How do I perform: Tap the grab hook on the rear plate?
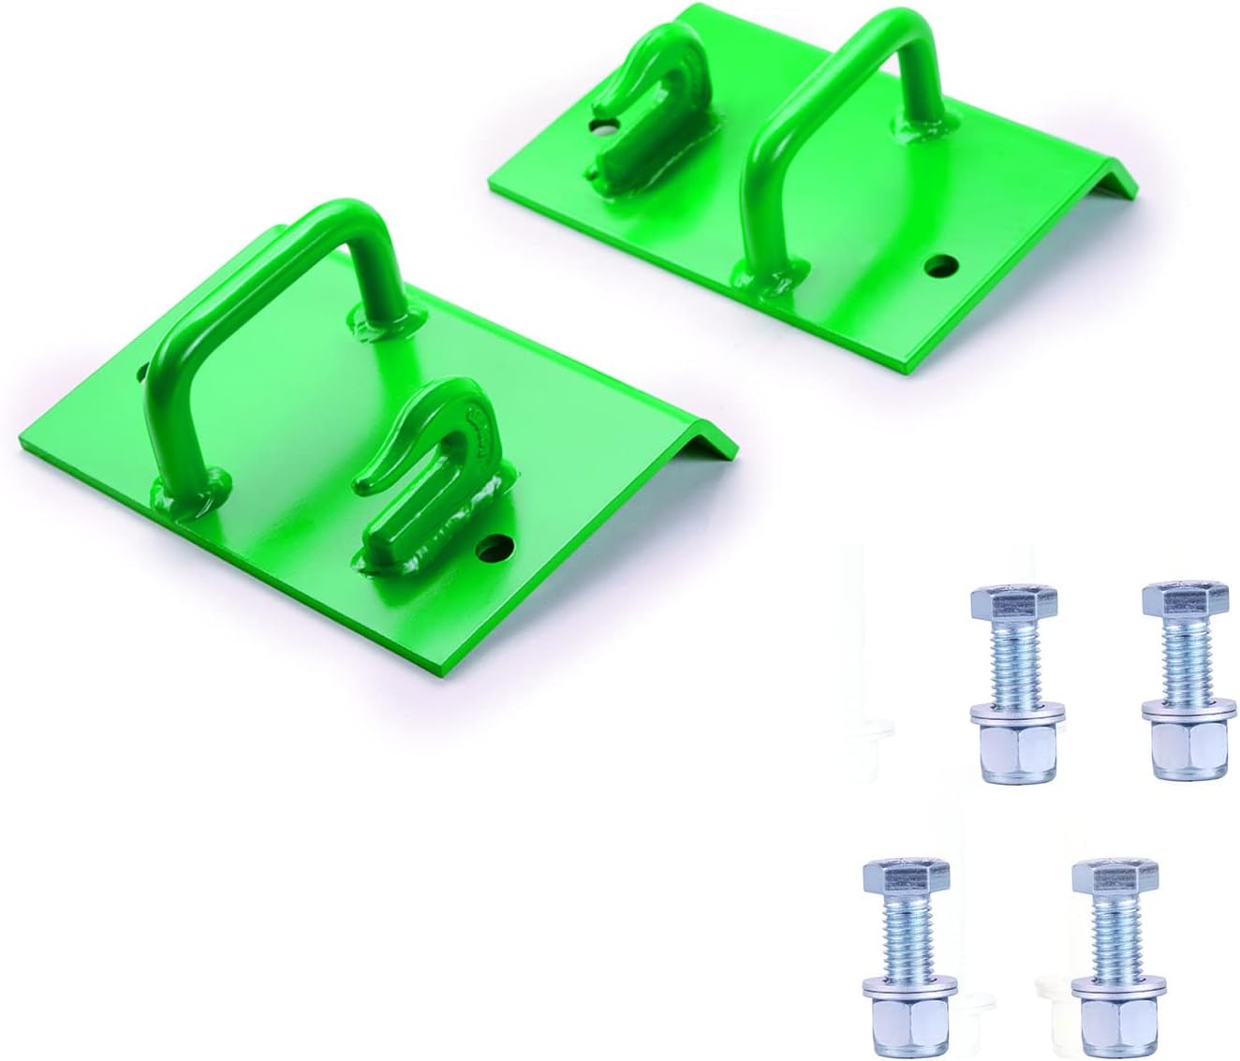(x=646, y=103)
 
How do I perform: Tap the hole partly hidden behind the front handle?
(x=143, y=373)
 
